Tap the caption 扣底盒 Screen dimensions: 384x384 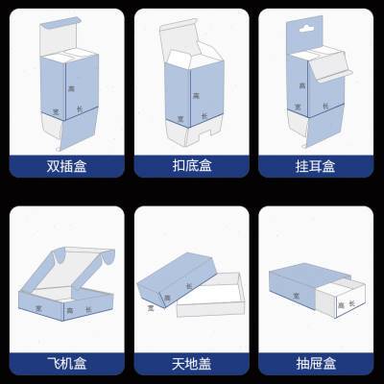[x=192, y=166]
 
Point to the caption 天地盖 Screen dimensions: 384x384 [x=192, y=363]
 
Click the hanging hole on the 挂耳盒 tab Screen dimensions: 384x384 [x=309, y=30]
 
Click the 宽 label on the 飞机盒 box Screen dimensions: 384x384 [x=39, y=308]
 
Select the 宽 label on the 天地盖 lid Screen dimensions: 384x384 [x=151, y=307]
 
